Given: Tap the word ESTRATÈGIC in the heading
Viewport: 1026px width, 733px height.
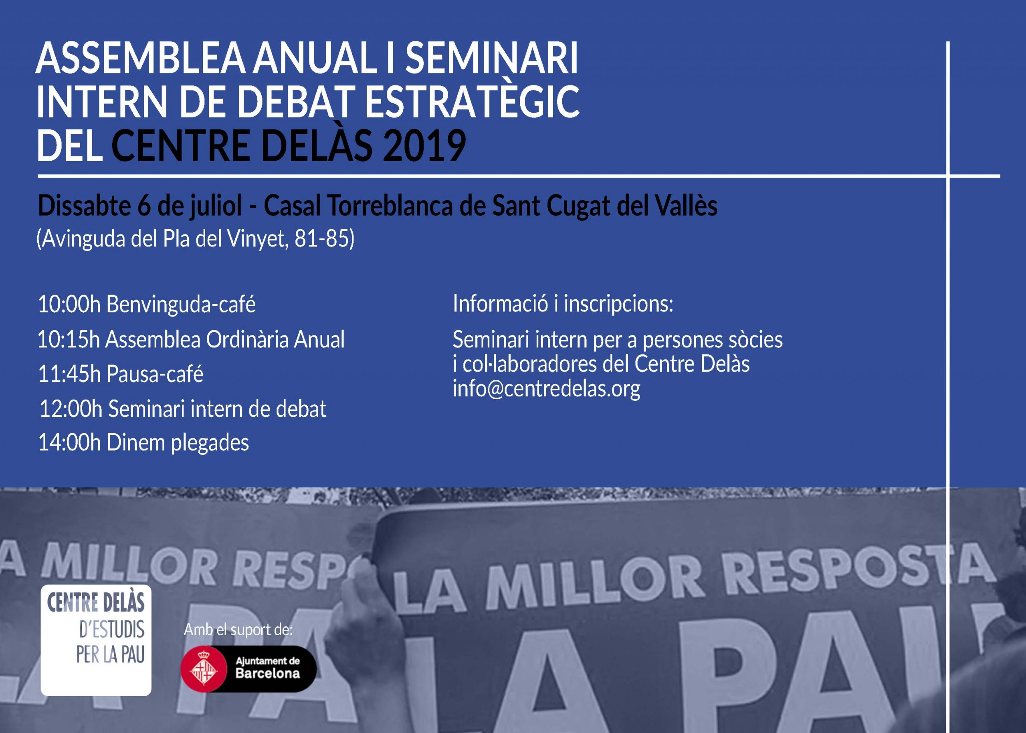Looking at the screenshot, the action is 471,102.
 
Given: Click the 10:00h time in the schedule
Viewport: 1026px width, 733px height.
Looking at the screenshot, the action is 69,304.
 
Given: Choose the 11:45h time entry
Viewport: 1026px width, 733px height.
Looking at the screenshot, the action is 69,374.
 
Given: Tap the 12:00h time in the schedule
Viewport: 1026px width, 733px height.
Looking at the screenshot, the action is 71,409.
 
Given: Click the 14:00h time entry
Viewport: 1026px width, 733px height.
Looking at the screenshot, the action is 69,443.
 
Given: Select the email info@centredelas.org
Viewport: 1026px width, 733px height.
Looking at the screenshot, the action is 546,389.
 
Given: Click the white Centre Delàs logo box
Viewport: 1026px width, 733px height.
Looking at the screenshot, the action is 96,640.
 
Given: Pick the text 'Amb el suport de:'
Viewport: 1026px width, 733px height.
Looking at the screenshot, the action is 238,630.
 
